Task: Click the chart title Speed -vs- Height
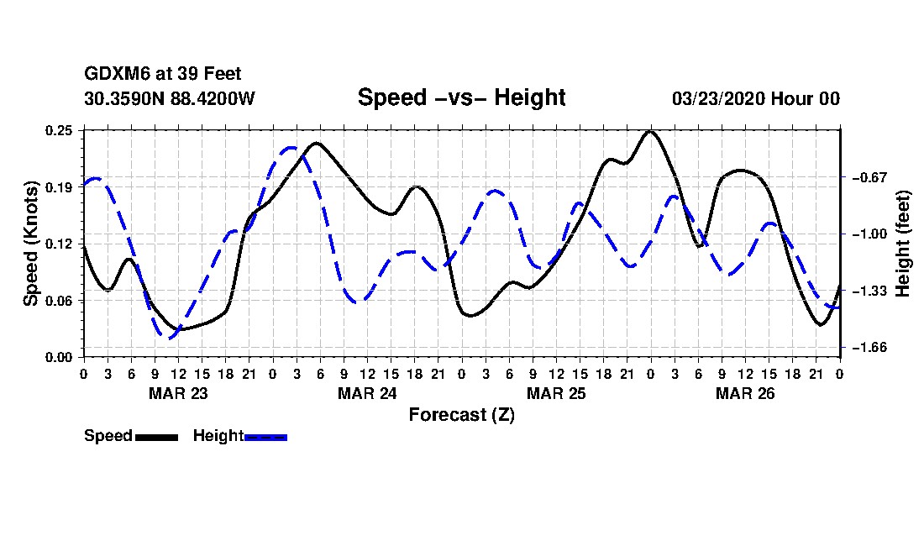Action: pos(461,97)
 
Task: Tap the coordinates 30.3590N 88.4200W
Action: pos(170,98)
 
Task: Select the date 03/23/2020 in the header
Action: pos(717,98)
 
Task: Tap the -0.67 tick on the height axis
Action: pos(869,177)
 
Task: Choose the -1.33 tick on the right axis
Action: pos(869,291)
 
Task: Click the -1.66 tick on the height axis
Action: pos(869,348)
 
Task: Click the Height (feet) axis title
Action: pos(902,244)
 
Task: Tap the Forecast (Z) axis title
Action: pos(461,415)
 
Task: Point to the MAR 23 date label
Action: pos(178,393)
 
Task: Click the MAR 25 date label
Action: pos(556,393)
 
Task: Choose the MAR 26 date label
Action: pos(745,393)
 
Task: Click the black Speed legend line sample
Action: pos(156,437)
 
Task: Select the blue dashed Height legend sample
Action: pos(265,437)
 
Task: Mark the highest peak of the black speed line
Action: pos(650,131)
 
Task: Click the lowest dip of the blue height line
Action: pos(168,338)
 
